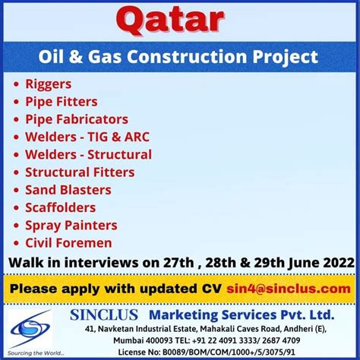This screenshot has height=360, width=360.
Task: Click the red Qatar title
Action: (170, 21)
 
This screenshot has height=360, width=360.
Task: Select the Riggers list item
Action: (49, 85)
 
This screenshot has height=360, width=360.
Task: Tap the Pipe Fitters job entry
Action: (62, 102)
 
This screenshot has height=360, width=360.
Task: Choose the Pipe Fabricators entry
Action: (77, 120)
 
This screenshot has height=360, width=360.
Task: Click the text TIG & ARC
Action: (118, 137)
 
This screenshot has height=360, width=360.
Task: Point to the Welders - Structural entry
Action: (88, 155)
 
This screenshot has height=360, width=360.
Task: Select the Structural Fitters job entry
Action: (80, 172)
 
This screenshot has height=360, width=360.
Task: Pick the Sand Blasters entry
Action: (68, 190)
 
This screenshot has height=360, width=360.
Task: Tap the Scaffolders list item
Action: (61, 207)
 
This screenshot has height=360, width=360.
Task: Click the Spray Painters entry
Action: (71, 226)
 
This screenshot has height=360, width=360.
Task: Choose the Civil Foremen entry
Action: (68, 243)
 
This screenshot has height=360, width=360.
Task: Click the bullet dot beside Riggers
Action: (16, 84)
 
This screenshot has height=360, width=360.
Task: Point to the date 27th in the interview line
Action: (178, 263)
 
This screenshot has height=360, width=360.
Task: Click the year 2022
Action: (339, 263)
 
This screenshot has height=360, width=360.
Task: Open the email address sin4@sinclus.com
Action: (289, 289)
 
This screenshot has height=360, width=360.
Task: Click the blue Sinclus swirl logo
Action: (30, 329)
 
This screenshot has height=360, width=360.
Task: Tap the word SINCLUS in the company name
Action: (104, 315)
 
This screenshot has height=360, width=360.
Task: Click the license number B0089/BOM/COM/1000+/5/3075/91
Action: (229, 352)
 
